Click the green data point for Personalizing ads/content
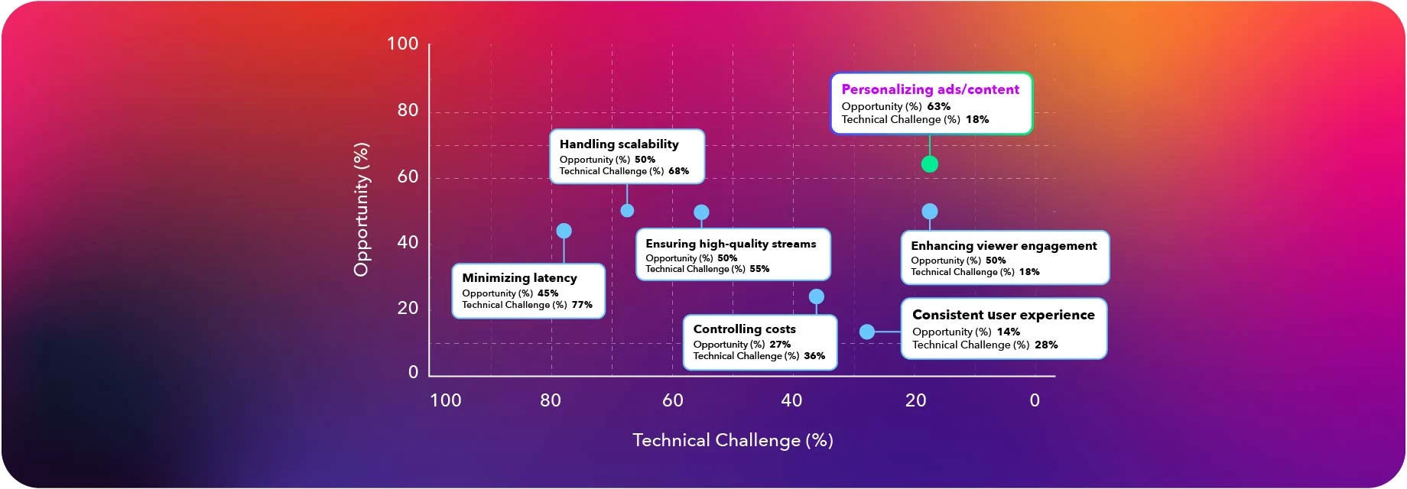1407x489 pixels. [x=929, y=164]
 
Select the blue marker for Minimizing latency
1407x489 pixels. [x=564, y=231]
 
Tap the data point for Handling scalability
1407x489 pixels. [x=627, y=210]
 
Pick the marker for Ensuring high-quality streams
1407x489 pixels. [x=701, y=212]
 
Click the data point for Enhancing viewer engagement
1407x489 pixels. [x=929, y=211]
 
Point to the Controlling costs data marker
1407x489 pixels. [x=816, y=296]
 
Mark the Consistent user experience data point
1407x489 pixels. [x=866, y=332]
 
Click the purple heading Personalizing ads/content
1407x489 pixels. [x=930, y=89]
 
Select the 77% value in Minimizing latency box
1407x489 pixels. [x=582, y=305]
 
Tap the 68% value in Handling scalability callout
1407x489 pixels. [x=678, y=171]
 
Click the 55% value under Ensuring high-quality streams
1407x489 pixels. [x=759, y=269]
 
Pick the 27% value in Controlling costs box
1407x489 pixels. [x=780, y=345]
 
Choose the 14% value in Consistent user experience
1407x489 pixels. [x=1008, y=332]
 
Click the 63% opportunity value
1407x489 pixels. [x=938, y=107]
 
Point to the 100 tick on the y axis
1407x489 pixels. [x=402, y=44]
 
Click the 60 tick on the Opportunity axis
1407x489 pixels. [x=408, y=176]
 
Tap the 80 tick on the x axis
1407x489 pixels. [x=550, y=400]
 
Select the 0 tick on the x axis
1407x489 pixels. [x=1034, y=400]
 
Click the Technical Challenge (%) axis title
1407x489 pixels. [x=733, y=440]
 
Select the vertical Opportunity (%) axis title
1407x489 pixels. [x=361, y=209]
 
